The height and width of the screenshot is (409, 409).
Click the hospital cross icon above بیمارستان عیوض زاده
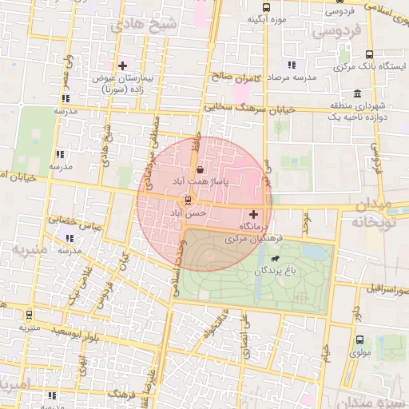[122, 66]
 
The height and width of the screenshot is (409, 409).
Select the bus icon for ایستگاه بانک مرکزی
[344, 55]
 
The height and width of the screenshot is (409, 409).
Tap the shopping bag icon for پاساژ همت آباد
[199, 170]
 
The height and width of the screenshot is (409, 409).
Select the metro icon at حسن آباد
[188, 200]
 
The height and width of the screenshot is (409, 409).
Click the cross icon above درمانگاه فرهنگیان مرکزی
[254, 214]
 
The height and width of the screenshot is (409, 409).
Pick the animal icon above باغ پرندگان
[276, 259]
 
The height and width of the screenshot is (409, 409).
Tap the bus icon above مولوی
[359, 339]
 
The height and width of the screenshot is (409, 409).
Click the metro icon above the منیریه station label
[30, 315]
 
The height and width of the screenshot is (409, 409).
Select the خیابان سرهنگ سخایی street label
[250, 107]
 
